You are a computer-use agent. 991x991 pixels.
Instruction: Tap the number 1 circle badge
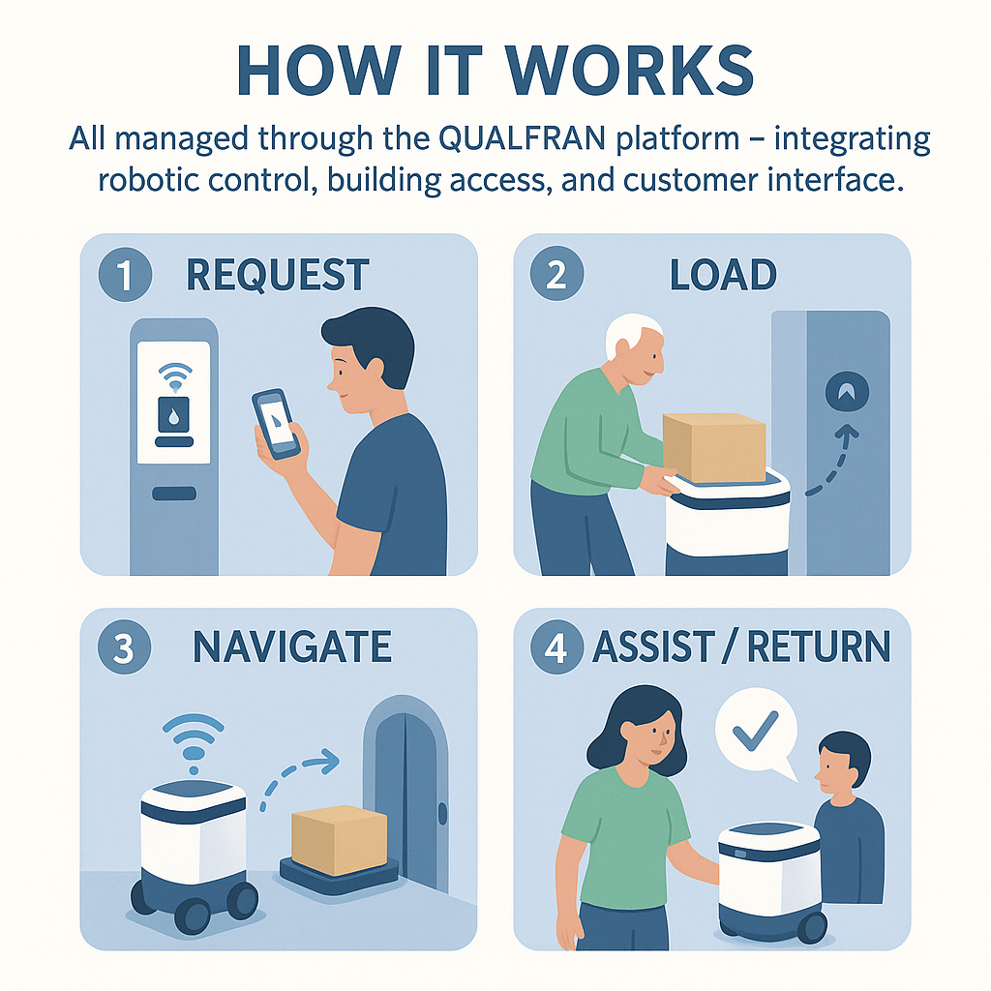(125, 276)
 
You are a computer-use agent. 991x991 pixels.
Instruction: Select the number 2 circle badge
(556, 276)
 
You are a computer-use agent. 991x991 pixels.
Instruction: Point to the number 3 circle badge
(125, 648)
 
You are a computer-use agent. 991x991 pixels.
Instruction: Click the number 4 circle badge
(556, 648)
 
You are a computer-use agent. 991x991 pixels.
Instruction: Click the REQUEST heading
(278, 276)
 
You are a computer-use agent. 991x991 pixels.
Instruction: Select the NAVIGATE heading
(292, 647)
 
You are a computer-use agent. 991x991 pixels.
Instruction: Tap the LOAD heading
(722, 276)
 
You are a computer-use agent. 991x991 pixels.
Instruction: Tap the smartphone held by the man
(278, 423)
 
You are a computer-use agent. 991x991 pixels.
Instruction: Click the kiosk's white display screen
(174, 402)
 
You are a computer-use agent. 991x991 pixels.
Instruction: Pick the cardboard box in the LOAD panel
(714, 447)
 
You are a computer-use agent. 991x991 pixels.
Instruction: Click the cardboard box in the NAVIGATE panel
(338, 838)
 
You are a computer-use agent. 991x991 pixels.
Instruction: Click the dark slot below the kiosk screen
(174, 494)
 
